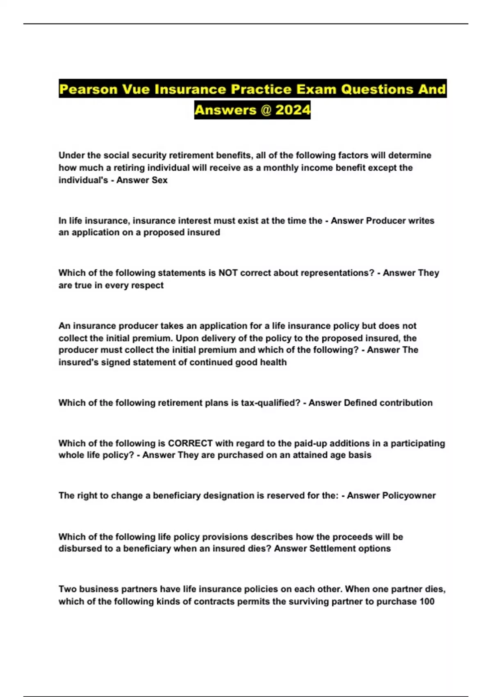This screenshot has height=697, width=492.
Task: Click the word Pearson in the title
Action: click(x=88, y=89)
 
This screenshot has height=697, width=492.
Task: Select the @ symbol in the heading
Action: click(x=266, y=110)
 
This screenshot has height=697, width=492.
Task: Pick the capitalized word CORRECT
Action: click(x=190, y=443)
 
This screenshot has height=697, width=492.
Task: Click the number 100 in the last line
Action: click(x=427, y=601)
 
